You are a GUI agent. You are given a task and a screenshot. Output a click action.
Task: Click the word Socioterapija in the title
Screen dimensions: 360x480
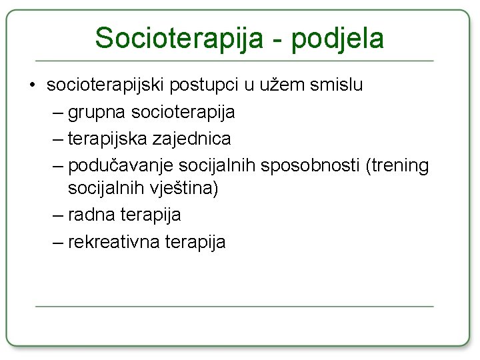179,38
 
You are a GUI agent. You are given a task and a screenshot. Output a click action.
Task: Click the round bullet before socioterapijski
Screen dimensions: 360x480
32,86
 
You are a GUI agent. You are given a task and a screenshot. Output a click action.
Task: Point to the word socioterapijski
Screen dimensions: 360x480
106,86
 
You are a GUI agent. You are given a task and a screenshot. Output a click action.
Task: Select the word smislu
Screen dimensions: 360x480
339,85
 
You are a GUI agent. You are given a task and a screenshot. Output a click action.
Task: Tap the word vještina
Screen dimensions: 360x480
181,189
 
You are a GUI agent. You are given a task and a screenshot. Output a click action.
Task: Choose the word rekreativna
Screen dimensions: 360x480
117,241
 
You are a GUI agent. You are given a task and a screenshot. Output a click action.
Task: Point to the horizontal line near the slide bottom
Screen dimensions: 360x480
234,307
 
